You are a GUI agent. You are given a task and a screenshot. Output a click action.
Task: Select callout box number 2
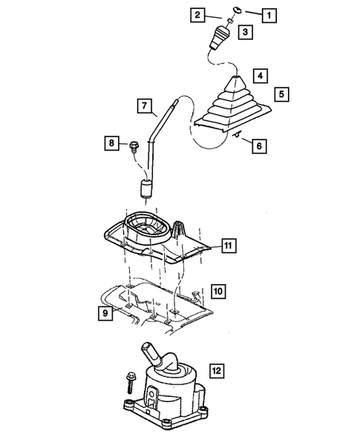pyautogui.click(x=197, y=15)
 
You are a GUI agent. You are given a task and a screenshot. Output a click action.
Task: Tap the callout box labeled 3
pyautogui.click(x=244, y=32)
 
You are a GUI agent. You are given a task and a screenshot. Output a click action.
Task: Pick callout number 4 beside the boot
pyautogui.click(x=260, y=75)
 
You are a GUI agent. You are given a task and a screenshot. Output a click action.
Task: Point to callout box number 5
pyautogui.click(x=281, y=94)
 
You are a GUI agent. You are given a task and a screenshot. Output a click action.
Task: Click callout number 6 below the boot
pyautogui.click(x=260, y=147)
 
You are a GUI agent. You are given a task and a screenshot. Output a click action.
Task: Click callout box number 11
pyautogui.click(x=229, y=244)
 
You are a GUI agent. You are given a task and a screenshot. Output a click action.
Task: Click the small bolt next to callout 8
pyautogui.click(x=134, y=145)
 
